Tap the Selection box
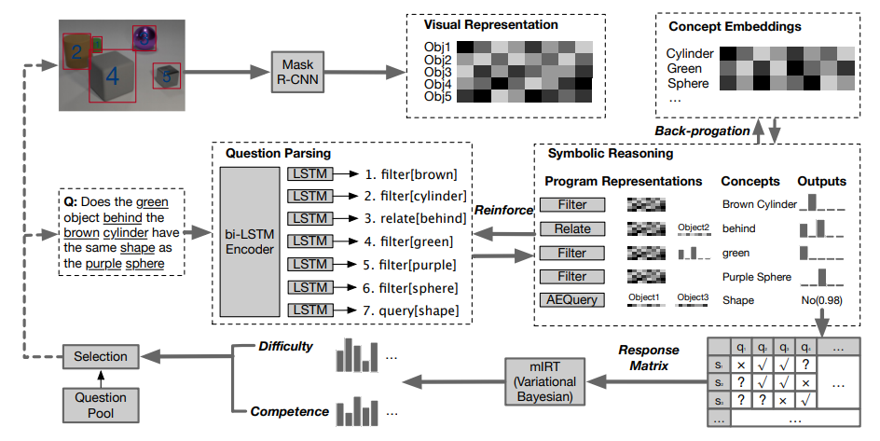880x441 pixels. pos(101,356)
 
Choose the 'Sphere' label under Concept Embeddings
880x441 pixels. pos(688,84)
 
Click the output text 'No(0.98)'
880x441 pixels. pos(821,300)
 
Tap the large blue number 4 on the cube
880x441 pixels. pos(112,76)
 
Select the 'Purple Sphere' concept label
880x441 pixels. pos(756,276)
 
